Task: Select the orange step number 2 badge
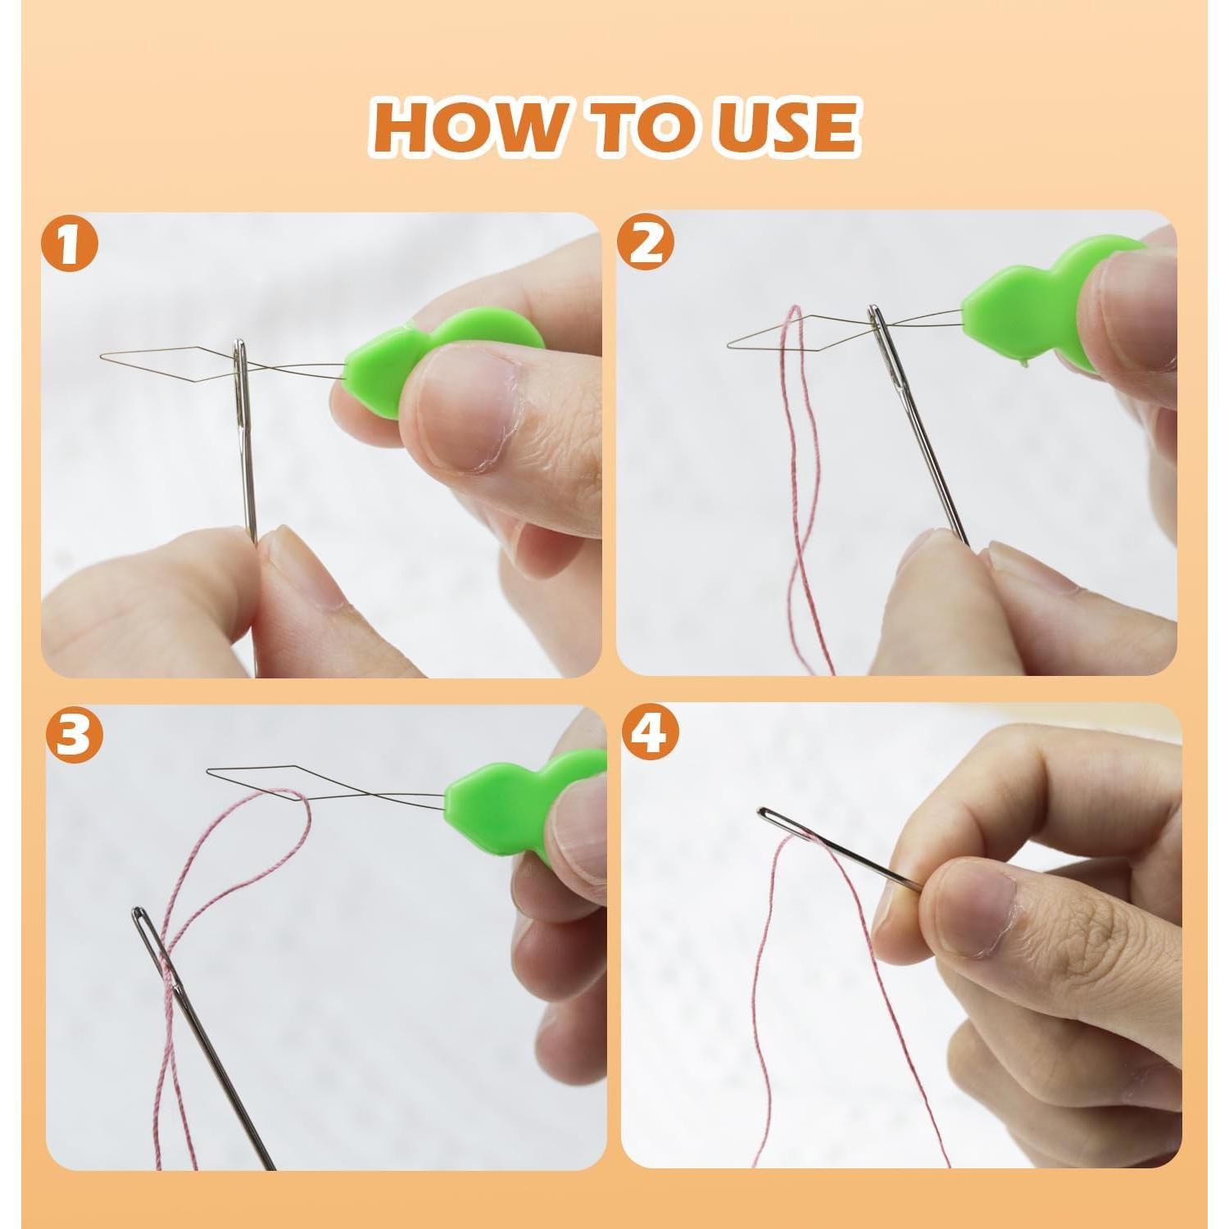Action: (x=646, y=243)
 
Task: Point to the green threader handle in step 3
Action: (x=483, y=799)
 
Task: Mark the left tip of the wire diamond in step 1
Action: (x=102, y=356)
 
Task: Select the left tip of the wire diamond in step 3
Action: (x=208, y=771)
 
